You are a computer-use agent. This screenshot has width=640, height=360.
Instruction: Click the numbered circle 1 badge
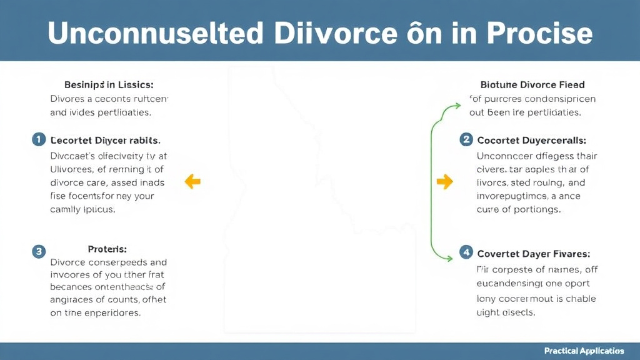click(38, 139)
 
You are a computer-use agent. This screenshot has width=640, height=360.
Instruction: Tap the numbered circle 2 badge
click(466, 139)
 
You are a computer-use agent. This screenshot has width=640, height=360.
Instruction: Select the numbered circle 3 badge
click(38, 252)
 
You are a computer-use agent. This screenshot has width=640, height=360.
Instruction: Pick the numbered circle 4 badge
click(466, 252)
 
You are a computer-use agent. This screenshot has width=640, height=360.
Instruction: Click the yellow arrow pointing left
click(192, 182)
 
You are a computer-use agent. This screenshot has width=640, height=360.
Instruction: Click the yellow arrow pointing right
click(444, 182)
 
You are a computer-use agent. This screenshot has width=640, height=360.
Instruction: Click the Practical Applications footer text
click(584, 351)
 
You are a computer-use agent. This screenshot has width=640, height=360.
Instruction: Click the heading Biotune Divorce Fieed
click(532, 84)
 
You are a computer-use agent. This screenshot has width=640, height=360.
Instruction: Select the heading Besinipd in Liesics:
click(109, 84)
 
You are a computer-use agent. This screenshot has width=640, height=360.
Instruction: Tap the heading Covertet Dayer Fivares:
click(533, 254)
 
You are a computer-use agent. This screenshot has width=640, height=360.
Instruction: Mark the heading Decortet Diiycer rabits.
click(105, 140)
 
